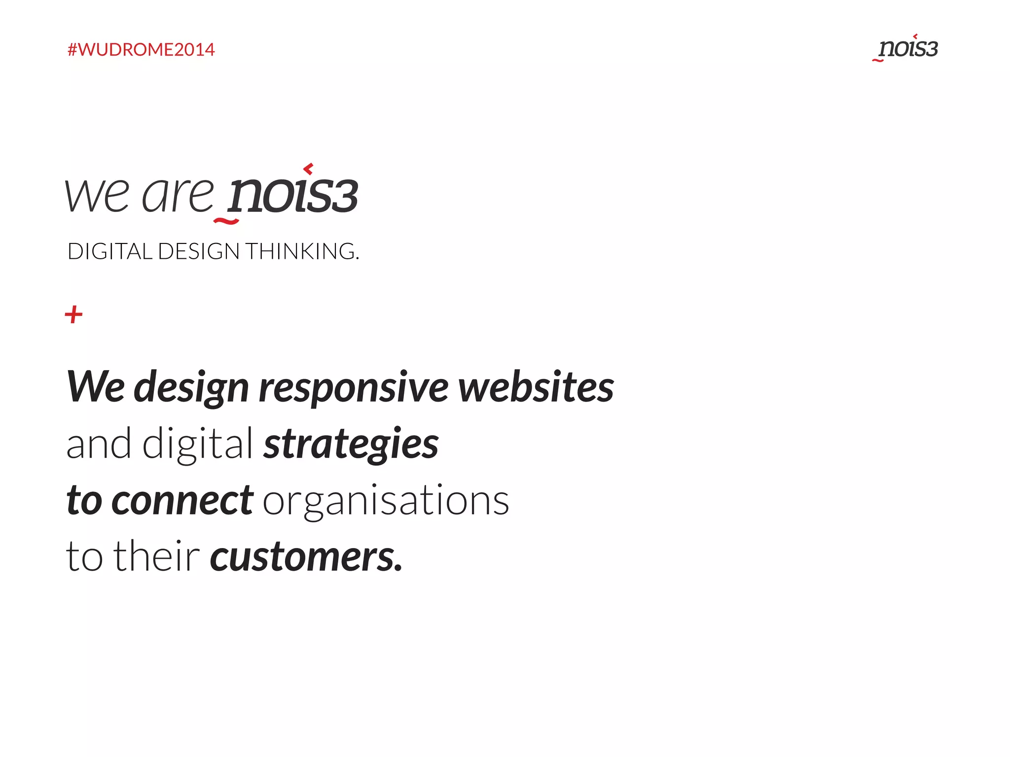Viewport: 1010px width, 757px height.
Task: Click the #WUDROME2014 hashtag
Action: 141,50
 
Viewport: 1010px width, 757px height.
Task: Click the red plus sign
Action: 74,314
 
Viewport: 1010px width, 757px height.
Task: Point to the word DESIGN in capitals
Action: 199,251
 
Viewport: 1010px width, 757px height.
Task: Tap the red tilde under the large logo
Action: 226,221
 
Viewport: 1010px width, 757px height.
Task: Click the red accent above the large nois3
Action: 309,169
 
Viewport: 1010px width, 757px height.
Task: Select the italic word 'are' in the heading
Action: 178,195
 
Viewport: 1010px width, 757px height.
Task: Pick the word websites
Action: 536,387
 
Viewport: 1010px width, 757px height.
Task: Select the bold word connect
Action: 182,501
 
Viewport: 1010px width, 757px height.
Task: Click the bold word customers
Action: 306,557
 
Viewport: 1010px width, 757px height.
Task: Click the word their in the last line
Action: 157,556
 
